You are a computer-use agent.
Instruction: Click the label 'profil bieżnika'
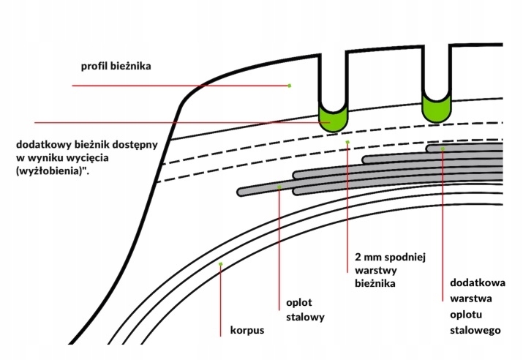tap(116, 67)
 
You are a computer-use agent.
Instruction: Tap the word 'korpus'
tap(247, 330)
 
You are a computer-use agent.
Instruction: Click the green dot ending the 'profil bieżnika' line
tap(290, 86)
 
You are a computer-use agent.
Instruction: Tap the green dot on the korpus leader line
tap(220, 263)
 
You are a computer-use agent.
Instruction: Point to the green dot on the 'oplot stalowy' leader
tap(280, 187)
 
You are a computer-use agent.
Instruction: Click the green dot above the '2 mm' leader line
tap(347, 141)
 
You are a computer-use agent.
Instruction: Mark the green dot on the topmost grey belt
tap(443, 149)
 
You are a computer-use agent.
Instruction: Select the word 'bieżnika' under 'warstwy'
tap(369, 284)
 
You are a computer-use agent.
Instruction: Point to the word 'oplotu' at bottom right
tap(464, 315)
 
